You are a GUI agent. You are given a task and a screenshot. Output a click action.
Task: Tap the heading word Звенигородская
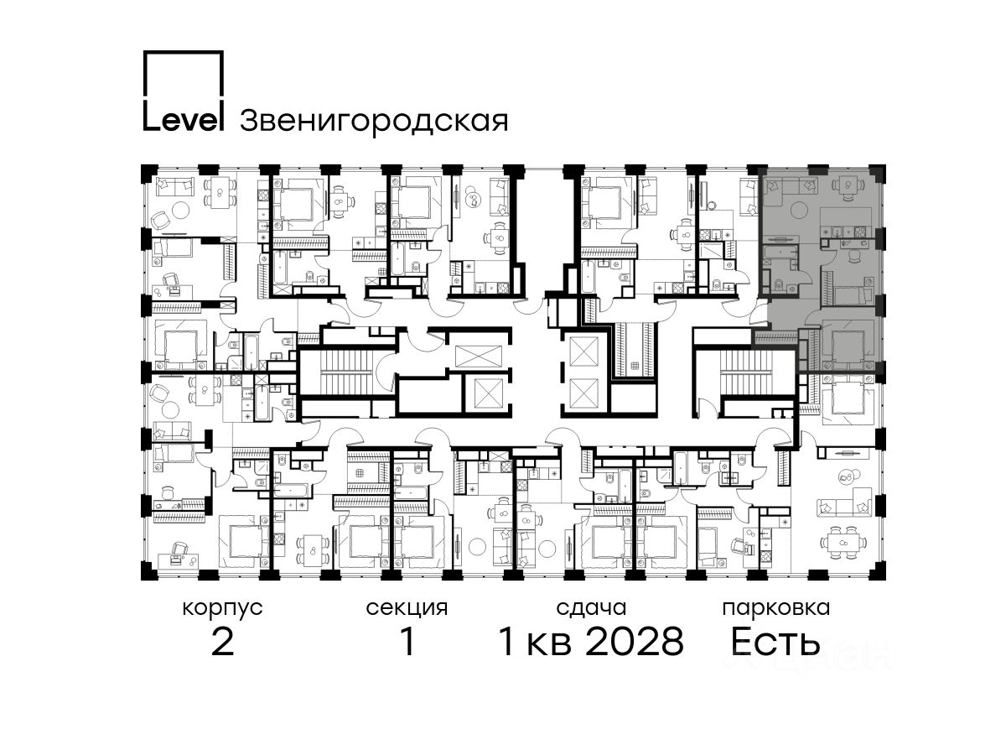374,122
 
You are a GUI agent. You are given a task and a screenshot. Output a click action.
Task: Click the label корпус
222,609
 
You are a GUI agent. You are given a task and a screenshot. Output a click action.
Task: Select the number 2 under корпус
222,641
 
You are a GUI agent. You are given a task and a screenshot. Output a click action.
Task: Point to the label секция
407,609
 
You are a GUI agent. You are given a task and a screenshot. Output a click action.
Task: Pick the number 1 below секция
407,641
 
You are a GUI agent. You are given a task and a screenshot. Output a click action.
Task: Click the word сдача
591,608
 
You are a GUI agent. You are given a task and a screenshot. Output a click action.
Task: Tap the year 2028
635,641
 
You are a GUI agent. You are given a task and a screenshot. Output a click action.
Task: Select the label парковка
776,609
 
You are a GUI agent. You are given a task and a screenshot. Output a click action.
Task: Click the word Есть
775,641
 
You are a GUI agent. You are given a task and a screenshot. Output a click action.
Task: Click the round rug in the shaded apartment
800,211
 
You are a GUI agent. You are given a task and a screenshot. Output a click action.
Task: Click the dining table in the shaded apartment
848,185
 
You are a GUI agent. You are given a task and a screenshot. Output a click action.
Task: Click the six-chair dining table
843,542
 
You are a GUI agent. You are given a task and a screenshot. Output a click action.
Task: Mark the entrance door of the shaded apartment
763,314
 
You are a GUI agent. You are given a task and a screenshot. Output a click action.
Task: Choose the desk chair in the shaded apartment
853,258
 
